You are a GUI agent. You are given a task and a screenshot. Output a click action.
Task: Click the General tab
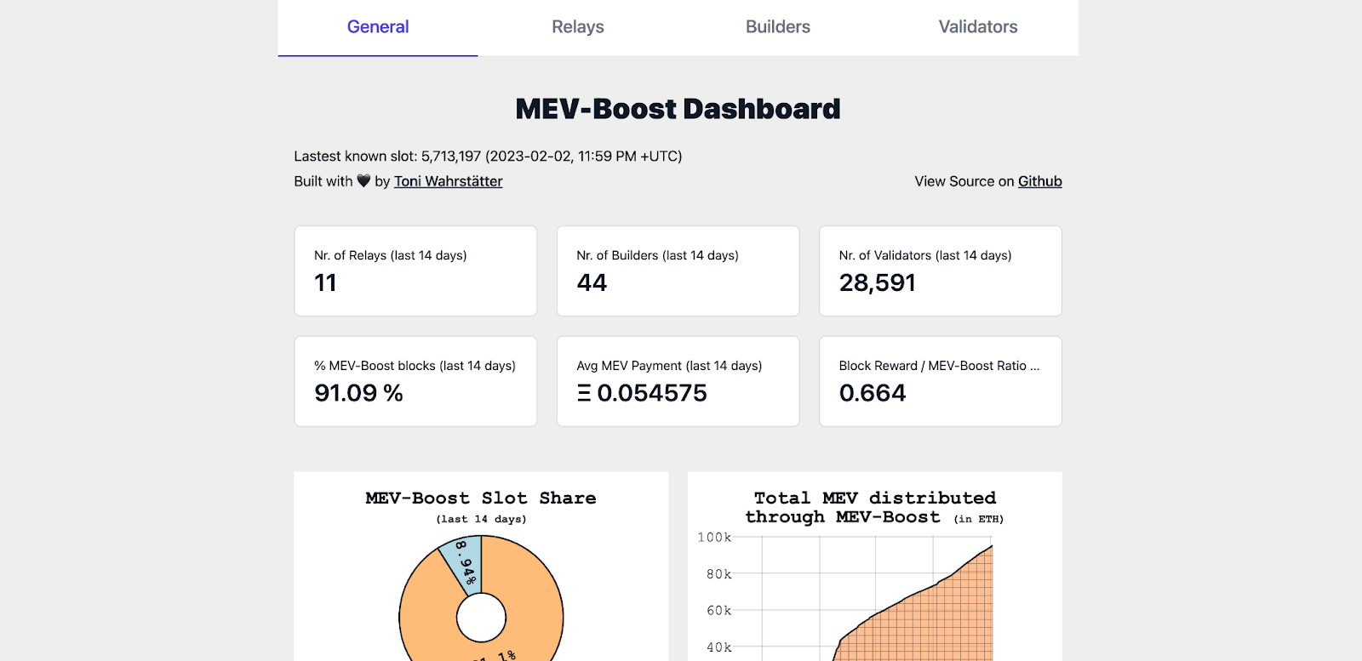point(378,27)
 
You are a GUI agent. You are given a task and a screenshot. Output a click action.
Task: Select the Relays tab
point(578,27)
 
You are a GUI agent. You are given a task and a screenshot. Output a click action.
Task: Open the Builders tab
point(778,27)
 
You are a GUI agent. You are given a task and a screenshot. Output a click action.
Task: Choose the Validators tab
point(978,27)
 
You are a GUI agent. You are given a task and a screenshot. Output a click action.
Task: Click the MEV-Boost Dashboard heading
point(678,109)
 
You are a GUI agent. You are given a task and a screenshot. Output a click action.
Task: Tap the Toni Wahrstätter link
point(448,181)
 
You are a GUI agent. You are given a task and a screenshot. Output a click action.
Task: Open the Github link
point(1039,181)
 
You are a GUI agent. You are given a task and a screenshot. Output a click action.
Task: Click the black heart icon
point(363,181)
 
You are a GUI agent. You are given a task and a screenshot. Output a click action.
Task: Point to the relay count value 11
point(325,282)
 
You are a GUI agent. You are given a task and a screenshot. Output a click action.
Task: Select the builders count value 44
point(592,282)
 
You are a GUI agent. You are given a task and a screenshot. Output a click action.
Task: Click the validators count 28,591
point(877,282)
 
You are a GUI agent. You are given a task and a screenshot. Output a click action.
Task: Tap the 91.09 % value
point(358,393)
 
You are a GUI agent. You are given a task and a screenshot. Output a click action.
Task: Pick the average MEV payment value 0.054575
point(651,393)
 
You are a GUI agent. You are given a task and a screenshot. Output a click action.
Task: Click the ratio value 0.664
point(873,393)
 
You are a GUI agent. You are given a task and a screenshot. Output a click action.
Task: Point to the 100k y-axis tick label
point(714,538)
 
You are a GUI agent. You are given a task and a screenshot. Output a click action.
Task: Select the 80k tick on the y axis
point(718,574)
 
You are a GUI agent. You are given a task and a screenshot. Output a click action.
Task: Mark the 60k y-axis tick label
point(718,611)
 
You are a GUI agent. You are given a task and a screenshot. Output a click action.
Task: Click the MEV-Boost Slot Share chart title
point(481,499)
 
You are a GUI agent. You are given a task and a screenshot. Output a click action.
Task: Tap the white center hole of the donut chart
point(481,618)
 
